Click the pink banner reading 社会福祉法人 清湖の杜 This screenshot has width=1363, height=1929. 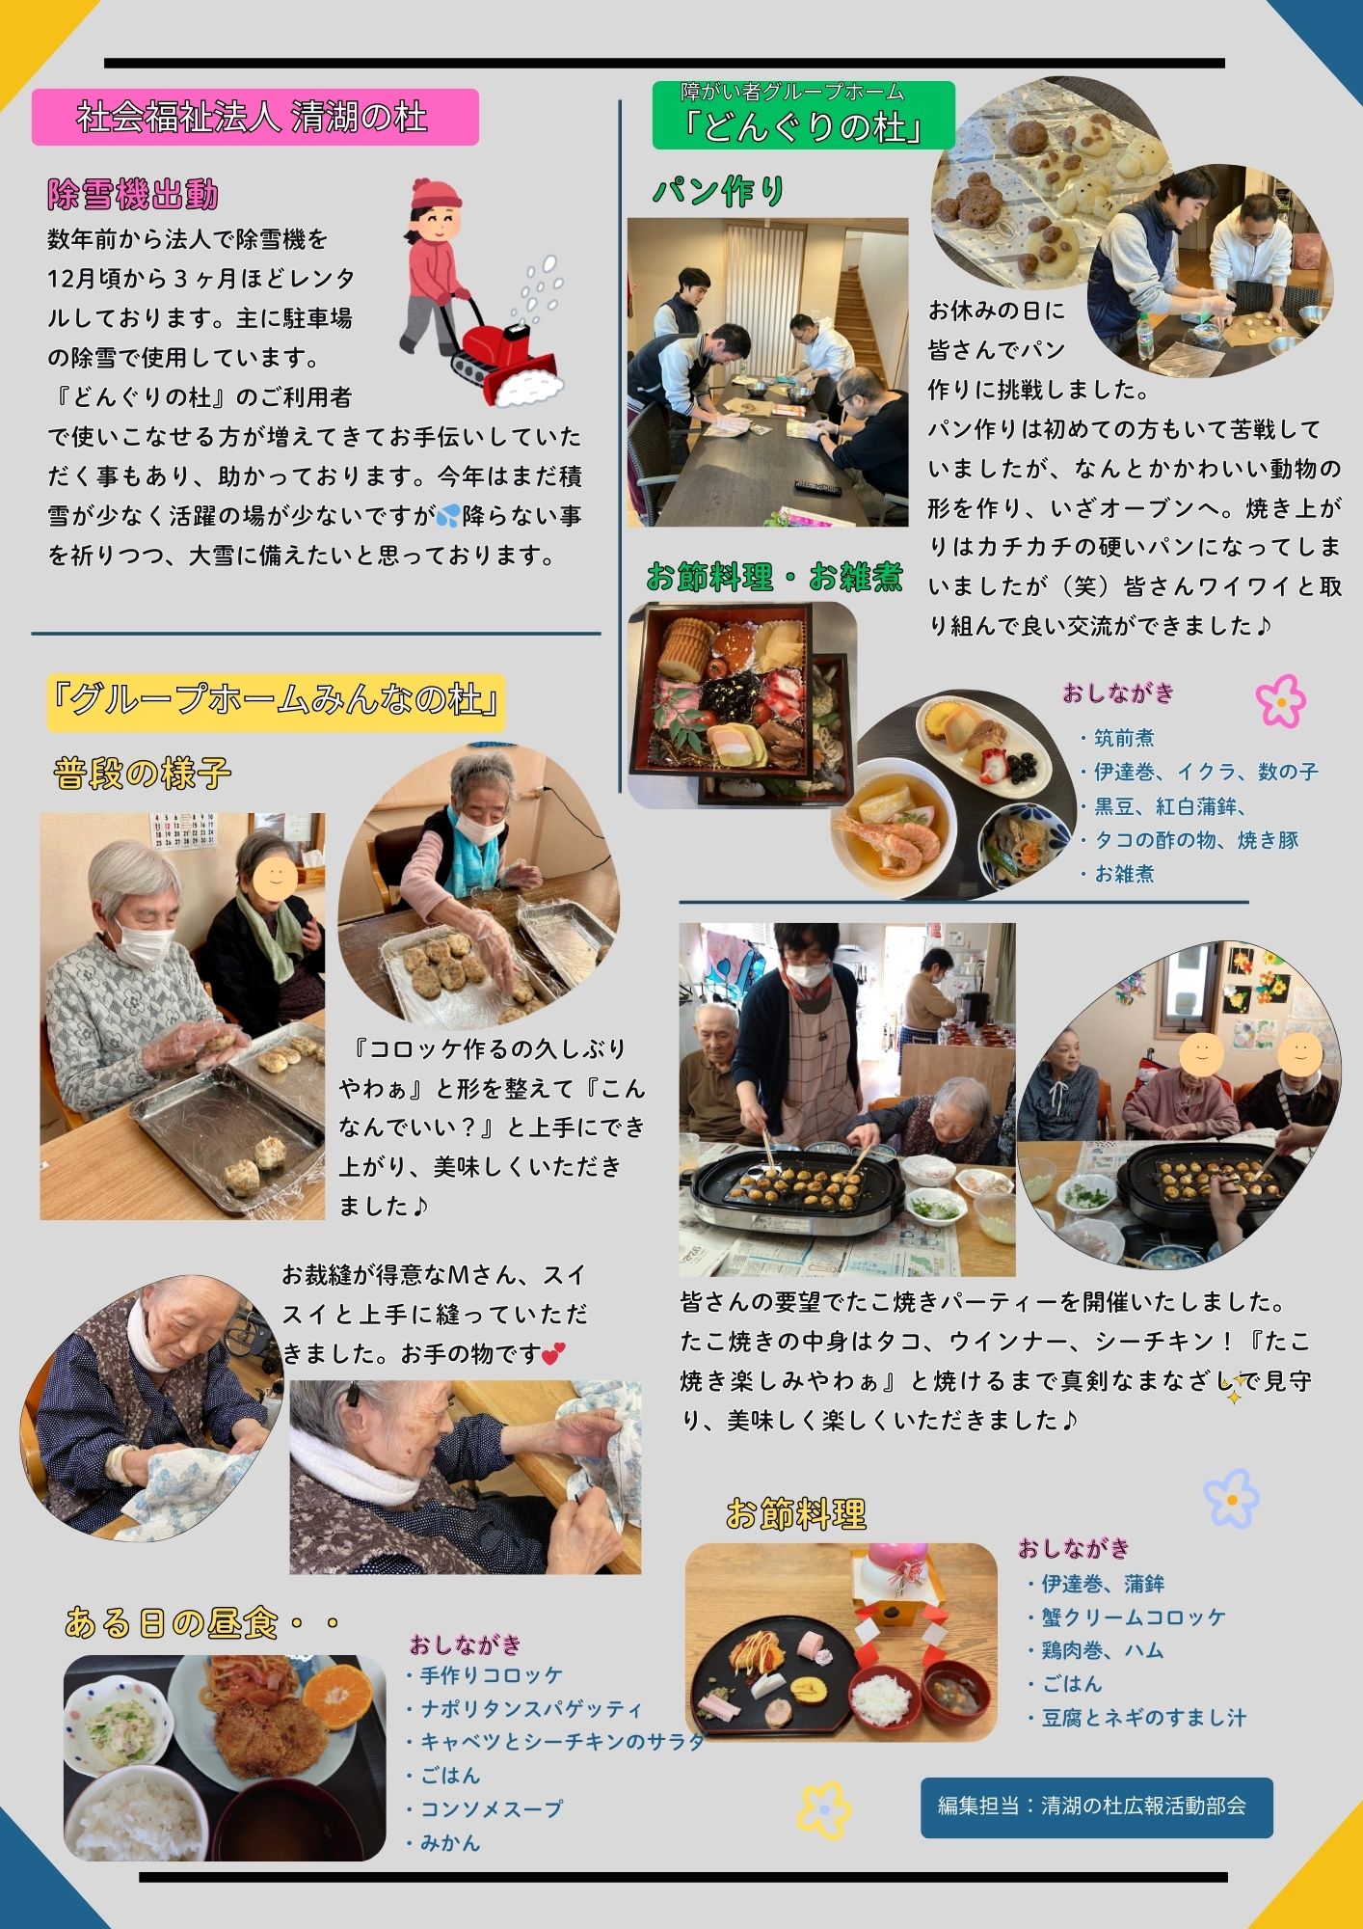255,117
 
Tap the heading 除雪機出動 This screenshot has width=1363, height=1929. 133,195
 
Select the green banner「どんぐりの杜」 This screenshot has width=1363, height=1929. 803,115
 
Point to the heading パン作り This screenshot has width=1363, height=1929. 719,191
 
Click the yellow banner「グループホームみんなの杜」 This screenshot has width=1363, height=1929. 277,701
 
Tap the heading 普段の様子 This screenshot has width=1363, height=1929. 143,774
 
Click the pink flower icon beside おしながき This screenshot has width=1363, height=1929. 1281,700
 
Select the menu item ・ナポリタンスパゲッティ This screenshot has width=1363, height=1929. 523,1709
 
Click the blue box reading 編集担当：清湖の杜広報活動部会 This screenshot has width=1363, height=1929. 1097,1807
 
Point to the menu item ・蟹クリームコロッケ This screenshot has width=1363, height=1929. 1126,1617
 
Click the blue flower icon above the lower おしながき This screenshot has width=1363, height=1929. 1231,1498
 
